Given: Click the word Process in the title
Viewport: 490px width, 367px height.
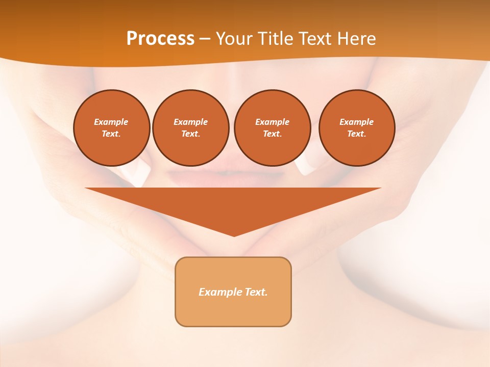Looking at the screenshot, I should click(x=160, y=39).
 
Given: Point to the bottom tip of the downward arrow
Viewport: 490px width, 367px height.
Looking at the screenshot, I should click(x=234, y=235).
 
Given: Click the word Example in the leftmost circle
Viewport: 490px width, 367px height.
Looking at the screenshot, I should click(x=111, y=122).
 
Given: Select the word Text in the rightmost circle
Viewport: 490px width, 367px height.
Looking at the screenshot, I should click(x=357, y=134).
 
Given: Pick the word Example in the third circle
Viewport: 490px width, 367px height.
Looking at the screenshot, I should click(x=272, y=122).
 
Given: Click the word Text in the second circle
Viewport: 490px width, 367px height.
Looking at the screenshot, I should click(x=190, y=134).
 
